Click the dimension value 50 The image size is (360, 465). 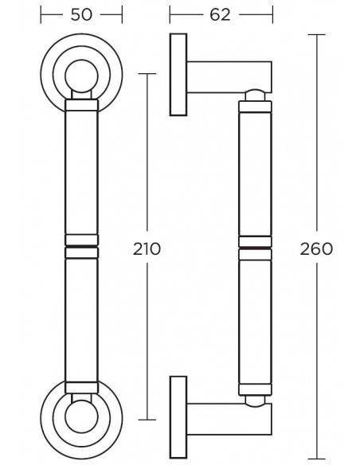(81, 14)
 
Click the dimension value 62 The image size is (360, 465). (220, 14)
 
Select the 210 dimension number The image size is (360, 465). (147, 248)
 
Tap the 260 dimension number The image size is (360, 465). (316, 248)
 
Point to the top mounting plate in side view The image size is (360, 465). (178, 74)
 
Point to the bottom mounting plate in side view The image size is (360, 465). (178, 417)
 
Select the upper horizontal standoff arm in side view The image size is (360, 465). (229, 76)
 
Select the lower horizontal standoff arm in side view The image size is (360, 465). (229, 419)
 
